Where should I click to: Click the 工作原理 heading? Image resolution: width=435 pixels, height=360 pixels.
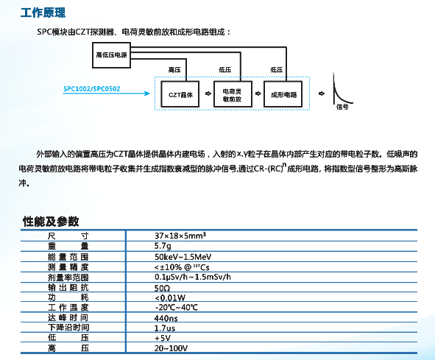tap(43, 13)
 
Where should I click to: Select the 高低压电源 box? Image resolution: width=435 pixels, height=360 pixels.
tap(111, 55)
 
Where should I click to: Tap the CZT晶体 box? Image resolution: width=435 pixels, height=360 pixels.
tap(180, 94)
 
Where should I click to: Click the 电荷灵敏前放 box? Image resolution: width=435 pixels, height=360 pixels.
tap(233, 94)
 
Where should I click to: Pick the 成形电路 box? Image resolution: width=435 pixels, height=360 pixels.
tap(283, 94)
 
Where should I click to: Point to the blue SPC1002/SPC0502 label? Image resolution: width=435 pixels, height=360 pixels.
tap(92, 89)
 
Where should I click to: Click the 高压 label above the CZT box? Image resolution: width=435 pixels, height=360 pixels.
tap(174, 70)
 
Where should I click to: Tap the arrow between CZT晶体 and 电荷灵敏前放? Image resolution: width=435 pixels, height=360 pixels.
tap(208, 93)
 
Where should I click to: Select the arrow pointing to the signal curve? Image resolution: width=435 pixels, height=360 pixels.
tap(321, 93)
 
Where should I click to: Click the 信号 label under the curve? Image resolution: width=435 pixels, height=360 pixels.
tap(342, 107)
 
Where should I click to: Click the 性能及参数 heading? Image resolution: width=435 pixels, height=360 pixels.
tap(51, 222)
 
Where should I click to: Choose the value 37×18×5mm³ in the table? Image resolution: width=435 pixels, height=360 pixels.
tap(180, 236)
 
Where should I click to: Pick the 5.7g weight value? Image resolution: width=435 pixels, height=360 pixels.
tap(163, 246)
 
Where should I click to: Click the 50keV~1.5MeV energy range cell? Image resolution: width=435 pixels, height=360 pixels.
tap(183, 257)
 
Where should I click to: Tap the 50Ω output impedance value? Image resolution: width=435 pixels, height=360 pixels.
tap(162, 288)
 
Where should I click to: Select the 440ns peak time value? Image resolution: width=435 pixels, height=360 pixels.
tap(166, 318)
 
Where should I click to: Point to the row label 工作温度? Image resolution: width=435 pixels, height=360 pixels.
tap(68, 308)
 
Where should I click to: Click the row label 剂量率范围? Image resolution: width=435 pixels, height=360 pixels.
tap(68, 278)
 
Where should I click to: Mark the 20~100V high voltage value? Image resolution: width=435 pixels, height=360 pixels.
tap(171, 348)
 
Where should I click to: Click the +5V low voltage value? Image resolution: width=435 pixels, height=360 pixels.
tap(163, 338)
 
